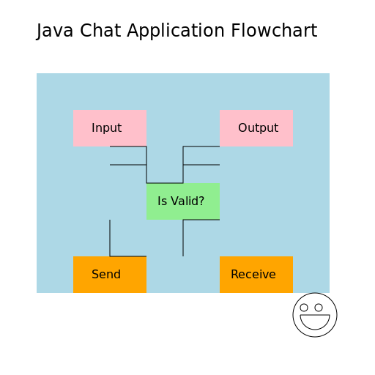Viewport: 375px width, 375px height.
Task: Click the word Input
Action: (106, 128)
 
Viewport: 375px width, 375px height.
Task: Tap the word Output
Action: (258, 128)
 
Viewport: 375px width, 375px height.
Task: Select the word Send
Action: (106, 275)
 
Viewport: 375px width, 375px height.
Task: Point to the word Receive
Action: (253, 275)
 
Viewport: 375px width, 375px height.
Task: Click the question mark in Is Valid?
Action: (201, 201)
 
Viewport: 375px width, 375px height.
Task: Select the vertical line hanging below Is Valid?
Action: (183, 242)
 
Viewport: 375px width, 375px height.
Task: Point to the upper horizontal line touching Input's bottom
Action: (128, 146)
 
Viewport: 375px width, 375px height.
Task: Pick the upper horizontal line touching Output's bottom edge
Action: (201, 146)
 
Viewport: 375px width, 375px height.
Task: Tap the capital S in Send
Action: (95, 275)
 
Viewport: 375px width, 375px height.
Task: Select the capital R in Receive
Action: (234, 275)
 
